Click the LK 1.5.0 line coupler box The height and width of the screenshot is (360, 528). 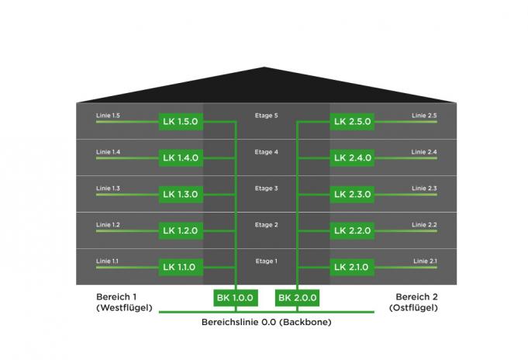click(x=181, y=121)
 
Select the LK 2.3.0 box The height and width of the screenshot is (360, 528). click(x=352, y=194)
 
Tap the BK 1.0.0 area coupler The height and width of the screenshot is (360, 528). click(x=236, y=298)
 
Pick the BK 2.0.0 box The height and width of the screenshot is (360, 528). click(x=297, y=298)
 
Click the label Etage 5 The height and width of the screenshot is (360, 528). click(x=267, y=116)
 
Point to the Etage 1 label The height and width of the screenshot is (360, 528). click(x=267, y=261)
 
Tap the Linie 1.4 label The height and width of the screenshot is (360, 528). click(x=108, y=152)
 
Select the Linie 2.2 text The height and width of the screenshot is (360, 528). click(x=424, y=225)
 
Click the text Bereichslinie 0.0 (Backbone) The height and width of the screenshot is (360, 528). click(x=267, y=322)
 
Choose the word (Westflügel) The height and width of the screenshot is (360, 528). click(x=124, y=308)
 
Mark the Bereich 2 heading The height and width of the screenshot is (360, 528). click(x=416, y=297)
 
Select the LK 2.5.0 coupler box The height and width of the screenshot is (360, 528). click(x=352, y=121)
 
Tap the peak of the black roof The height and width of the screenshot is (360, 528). click(x=264, y=67)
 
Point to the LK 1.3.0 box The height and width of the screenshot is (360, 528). click(x=181, y=194)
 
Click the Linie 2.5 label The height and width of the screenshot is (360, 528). click(x=424, y=116)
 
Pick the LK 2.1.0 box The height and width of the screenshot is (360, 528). click(x=352, y=267)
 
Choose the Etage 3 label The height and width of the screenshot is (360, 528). click(x=267, y=189)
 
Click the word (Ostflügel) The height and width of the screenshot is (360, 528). click(x=413, y=308)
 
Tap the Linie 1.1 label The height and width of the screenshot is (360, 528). click(x=107, y=261)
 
